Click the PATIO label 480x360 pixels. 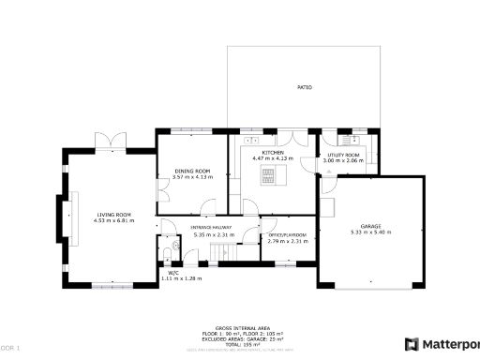click(305, 87)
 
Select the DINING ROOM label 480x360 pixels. click(192, 171)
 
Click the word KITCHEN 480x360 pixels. click(273, 153)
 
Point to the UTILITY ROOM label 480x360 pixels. click(342, 155)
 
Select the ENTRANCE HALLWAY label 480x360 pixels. click(213, 228)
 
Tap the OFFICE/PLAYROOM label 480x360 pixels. click(288, 235)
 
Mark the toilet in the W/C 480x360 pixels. click(166, 256)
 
